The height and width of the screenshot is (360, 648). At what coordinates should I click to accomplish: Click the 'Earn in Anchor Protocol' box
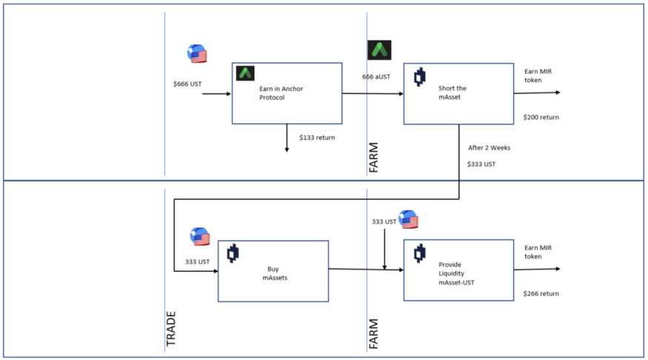click(287, 93)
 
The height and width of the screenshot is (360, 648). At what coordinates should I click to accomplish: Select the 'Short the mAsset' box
click(458, 93)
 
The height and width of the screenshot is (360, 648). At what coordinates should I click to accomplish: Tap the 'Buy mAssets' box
click(273, 270)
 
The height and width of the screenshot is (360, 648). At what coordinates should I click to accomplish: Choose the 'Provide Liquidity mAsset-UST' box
click(458, 270)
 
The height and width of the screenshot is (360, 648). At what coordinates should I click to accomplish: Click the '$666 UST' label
click(187, 84)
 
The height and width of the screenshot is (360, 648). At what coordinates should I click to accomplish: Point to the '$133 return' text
click(317, 138)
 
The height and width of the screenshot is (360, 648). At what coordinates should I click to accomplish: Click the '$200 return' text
click(541, 118)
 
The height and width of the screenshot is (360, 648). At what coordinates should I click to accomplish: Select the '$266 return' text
click(541, 294)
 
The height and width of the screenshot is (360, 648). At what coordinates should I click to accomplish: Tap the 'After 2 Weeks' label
click(489, 148)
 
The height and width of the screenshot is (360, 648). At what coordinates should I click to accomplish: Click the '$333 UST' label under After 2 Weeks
click(481, 164)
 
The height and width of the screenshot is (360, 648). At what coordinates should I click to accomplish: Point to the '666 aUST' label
click(377, 77)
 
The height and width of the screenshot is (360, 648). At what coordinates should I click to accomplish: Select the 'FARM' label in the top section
click(374, 158)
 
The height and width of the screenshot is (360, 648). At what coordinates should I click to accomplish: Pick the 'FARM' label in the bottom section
click(374, 334)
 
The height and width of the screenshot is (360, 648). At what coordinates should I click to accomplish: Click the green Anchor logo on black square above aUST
click(379, 50)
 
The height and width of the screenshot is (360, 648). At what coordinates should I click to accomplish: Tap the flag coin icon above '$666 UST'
click(196, 54)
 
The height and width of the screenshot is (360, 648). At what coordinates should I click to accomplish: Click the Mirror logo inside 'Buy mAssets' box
click(233, 253)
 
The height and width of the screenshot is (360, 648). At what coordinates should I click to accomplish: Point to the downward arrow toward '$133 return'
click(287, 139)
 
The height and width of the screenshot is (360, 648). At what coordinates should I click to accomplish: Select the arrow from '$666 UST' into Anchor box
click(216, 94)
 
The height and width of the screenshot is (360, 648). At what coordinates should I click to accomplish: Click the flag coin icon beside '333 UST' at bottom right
click(408, 220)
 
